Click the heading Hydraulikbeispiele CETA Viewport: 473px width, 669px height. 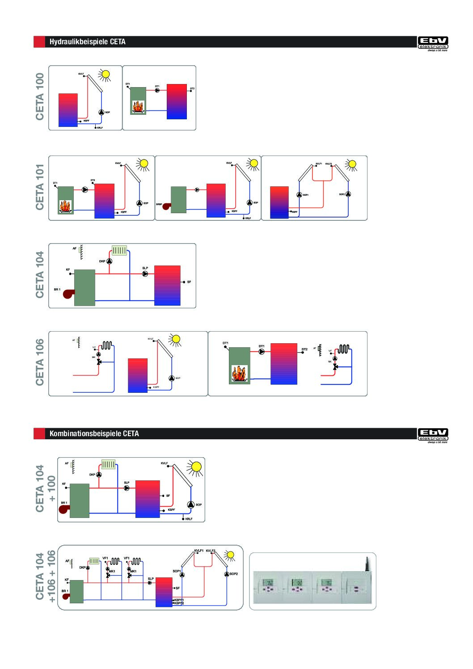click(x=87, y=42)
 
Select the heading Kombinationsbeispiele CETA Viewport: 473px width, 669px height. click(x=94, y=433)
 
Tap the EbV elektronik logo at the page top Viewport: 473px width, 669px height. click(x=432, y=43)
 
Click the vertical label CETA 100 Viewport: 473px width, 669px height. click(x=40, y=97)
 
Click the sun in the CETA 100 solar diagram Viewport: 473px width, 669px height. click(x=106, y=74)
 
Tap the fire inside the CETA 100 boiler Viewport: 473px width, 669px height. click(x=138, y=107)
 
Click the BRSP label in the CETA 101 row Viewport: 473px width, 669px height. click(x=159, y=204)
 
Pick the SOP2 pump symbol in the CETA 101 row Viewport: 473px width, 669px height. click(x=348, y=194)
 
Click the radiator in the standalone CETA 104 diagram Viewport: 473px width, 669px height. click(x=120, y=250)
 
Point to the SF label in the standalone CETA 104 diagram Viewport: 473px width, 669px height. click(x=189, y=282)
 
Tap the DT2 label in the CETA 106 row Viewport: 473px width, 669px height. click(x=304, y=349)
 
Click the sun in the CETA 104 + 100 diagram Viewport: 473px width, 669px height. click(x=194, y=467)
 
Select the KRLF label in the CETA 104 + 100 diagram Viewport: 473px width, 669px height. click(x=189, y=519)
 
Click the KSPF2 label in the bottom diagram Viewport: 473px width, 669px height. click(x=179, y=603)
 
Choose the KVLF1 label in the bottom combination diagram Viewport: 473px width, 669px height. click(x=199, y=551)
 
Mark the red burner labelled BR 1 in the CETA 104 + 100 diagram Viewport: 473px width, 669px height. click(x=64, y=509)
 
